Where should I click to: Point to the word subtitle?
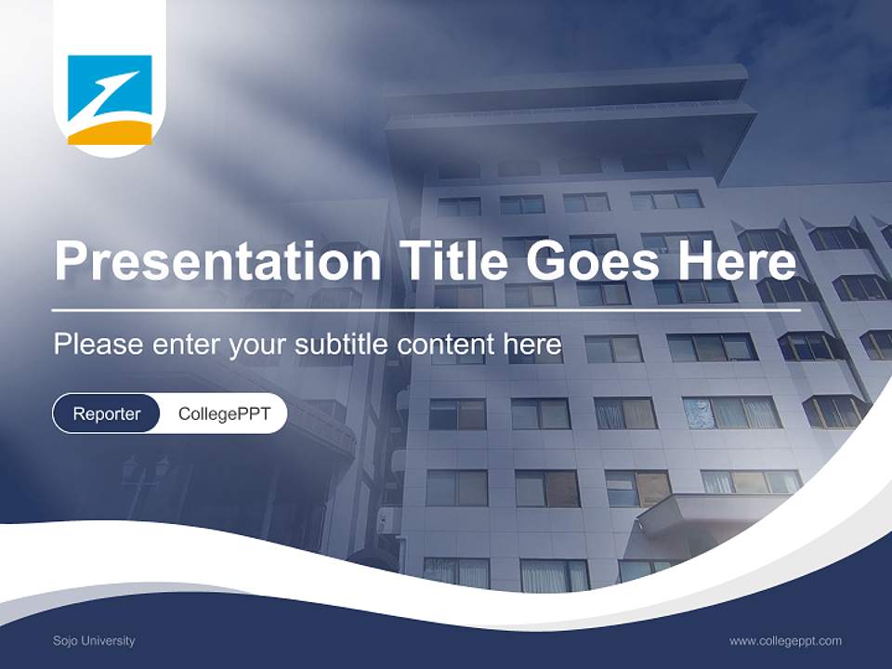(344, 345)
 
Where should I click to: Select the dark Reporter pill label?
(107, 413)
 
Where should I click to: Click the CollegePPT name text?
(224, 413)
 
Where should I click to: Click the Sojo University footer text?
(94, 640)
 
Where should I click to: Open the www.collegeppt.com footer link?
(785, 640)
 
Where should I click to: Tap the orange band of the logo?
(110, 135)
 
